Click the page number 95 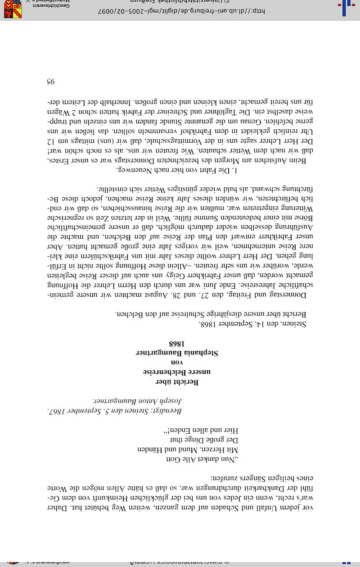pos(50,82)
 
